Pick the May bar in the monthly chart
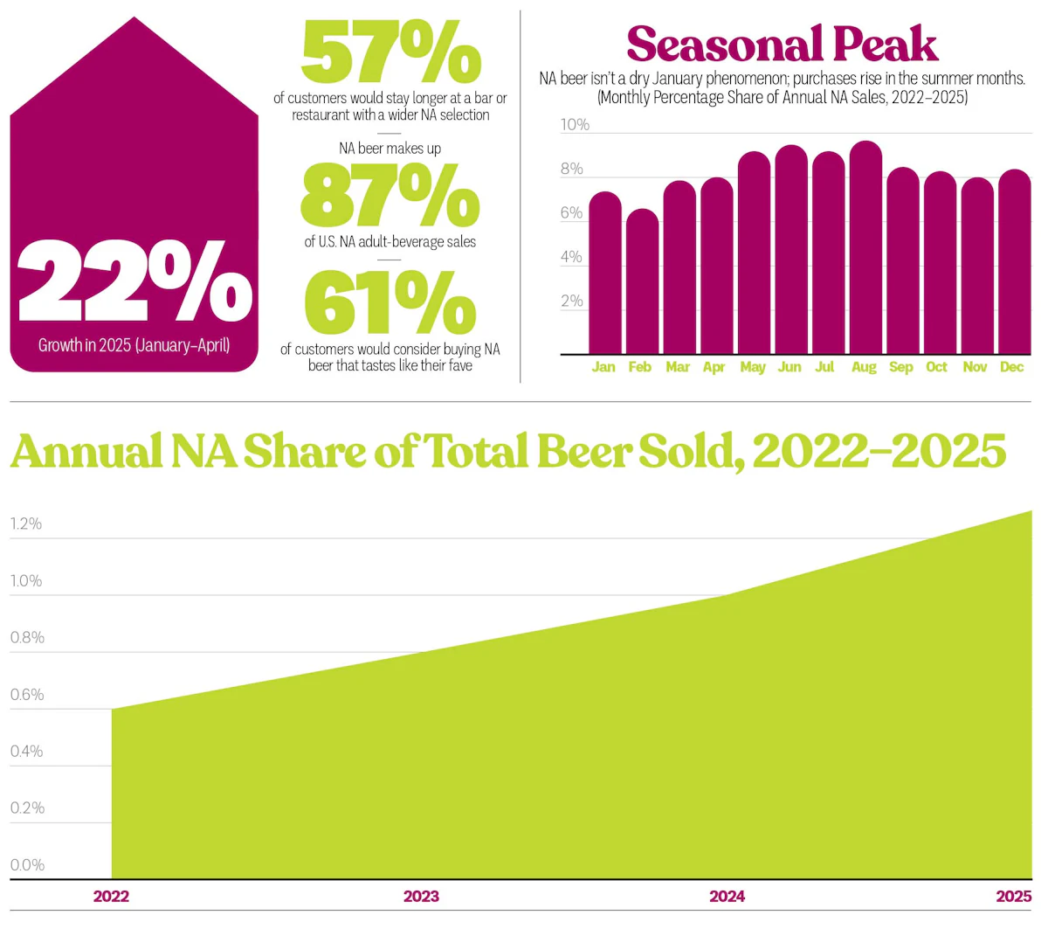click(754, 253)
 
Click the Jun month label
click(789, 367)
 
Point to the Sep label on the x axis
click(900, 367)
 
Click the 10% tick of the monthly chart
click(575, 125)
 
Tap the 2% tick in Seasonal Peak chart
click(572, 302)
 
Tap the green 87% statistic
click(390, 197)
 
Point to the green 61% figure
click(390, 303)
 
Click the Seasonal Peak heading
click(782, 44)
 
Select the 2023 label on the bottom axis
click(421, 896)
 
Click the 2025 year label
click(1013, 896)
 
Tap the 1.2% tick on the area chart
click(26, 524)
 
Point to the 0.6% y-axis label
click(26, 695)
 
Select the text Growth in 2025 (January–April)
click(134, 345)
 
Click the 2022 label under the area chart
click(111, 896)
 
